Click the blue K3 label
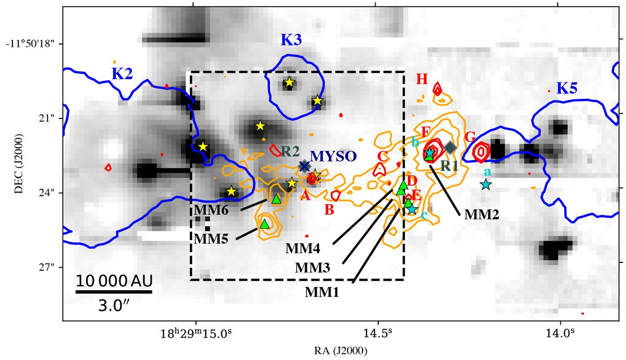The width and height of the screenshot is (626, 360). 292,40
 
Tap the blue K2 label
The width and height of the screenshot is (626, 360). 122,74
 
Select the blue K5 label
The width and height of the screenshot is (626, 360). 567,88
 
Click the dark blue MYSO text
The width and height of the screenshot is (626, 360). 333,157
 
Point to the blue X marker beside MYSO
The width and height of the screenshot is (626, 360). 304,166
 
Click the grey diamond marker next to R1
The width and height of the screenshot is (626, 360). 450,147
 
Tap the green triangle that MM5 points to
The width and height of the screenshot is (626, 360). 264,224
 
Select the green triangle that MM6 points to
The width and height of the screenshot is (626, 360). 276,199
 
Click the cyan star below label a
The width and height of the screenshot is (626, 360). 486,185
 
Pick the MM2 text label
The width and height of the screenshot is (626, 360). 481,214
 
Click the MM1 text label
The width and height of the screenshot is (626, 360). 322,292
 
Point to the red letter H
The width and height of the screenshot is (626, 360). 422,79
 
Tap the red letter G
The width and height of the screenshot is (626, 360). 470,137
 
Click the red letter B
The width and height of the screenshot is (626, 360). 329,210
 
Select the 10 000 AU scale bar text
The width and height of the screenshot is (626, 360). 114,281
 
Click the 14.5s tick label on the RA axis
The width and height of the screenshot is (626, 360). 378,333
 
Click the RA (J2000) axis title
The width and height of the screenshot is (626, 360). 341,351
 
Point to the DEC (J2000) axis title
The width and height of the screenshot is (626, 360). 19,164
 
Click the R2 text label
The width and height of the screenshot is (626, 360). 291,152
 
